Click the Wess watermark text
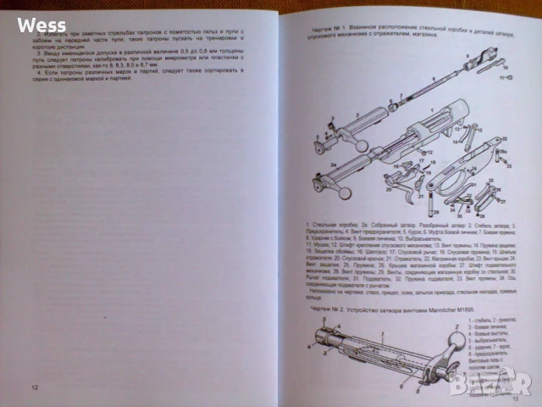41,25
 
